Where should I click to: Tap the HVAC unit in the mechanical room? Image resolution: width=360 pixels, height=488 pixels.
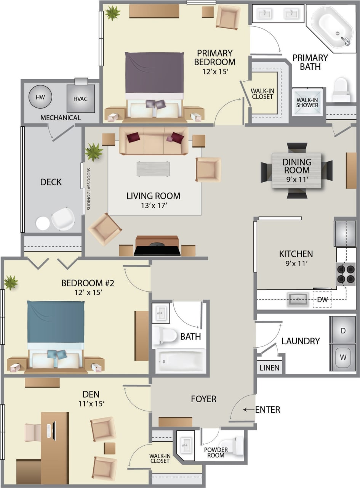click(80, 98)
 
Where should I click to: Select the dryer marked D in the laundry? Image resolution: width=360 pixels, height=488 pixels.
click(342, 330)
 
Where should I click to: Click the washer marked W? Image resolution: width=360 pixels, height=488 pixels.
click(342, 358)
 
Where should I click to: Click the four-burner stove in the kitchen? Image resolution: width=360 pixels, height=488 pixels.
click(346, 274)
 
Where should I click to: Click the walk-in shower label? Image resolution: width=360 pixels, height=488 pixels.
click(307, 103)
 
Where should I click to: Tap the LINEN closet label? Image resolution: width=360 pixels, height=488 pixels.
click(269, 368)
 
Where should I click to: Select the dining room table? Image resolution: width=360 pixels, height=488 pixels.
click(296, 170)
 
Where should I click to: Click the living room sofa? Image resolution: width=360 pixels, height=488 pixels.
click(154, 141)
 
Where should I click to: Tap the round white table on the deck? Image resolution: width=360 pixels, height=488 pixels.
click(43, 223)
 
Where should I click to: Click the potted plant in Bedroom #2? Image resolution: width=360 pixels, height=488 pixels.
click(11, 283)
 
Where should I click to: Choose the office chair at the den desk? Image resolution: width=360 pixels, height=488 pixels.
click(33, 432)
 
